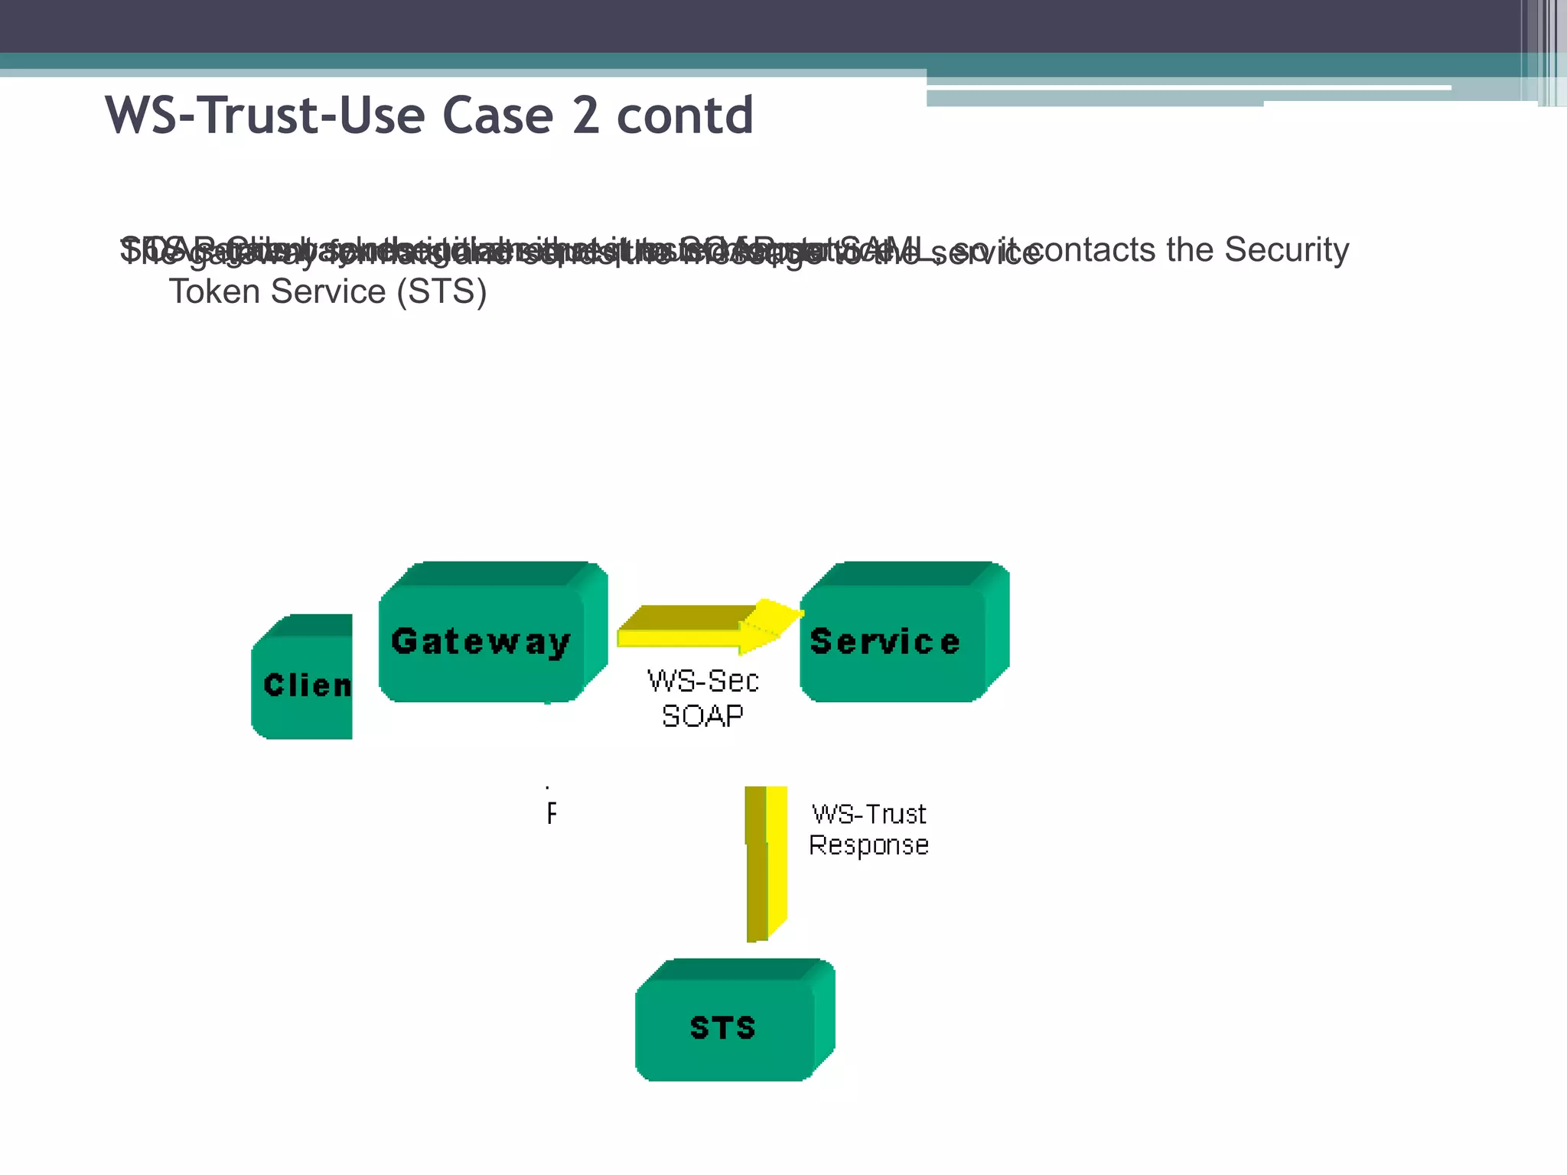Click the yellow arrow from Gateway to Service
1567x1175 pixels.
700,627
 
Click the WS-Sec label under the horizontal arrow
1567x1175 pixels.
702,681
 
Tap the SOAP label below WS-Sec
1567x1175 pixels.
702,716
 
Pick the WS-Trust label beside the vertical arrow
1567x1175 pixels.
868,814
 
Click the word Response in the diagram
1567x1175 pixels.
868,845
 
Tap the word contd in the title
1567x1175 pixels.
685,116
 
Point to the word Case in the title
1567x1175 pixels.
497,116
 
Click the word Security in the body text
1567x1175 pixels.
1286,250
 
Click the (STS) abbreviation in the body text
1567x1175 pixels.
441,291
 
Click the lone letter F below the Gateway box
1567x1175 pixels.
552,814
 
